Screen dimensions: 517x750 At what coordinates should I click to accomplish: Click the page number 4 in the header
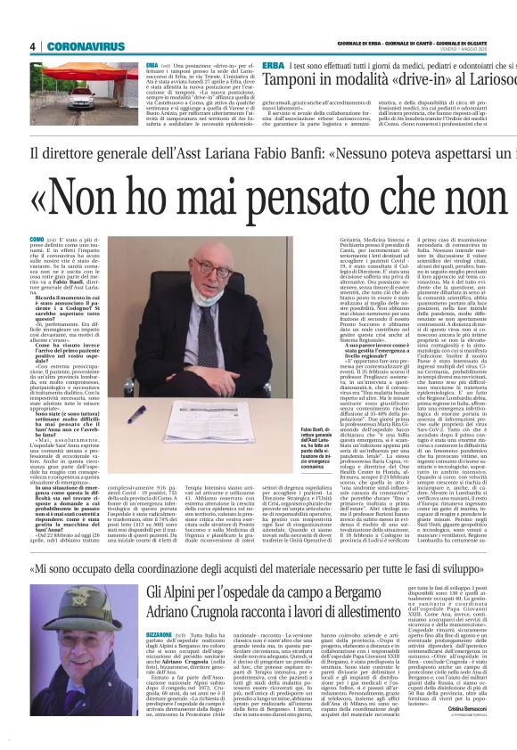[32, 46]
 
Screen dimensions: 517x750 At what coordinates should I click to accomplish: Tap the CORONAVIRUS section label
[79, 46]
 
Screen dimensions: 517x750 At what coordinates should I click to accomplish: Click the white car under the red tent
[84, 99]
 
